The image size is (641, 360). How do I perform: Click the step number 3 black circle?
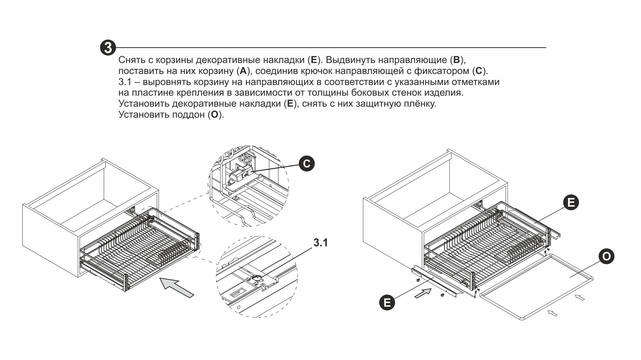coord(108,48)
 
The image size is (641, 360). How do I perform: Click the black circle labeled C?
coord(306,163)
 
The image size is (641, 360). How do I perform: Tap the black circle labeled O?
coord(606,256)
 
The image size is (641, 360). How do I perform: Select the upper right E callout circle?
coord(571,202)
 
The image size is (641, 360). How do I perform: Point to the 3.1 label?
coord(320,243)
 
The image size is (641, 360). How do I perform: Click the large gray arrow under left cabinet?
coord(177,288)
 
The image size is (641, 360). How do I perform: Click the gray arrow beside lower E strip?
coord(423,293)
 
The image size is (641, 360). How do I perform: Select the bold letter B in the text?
coord(456,60)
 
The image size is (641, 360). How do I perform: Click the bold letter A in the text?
coord(243,71)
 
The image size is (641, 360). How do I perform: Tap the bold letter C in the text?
coord(479,71)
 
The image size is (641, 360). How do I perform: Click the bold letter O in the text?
coord(214,115)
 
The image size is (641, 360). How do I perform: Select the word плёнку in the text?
coord(420,104)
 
